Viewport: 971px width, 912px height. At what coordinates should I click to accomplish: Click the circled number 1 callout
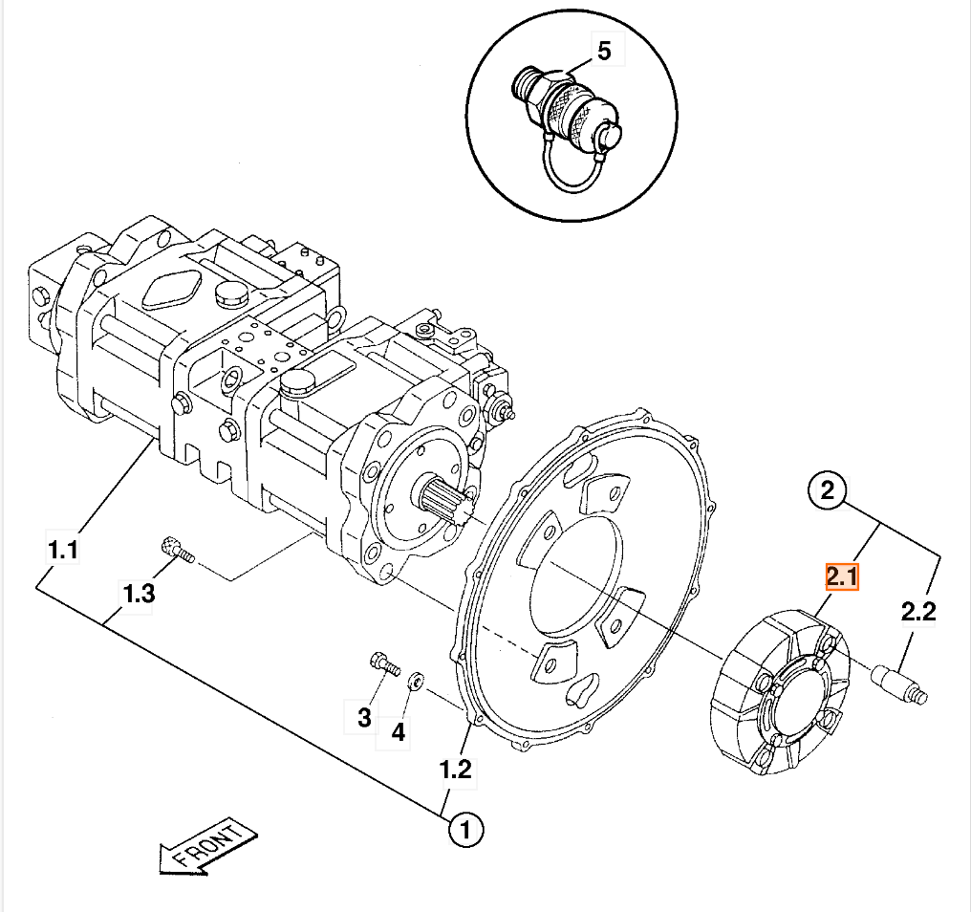(465, 830)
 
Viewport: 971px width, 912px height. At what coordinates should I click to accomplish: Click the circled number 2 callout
(828, 491)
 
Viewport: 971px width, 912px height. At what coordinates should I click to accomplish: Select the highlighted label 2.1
(842, 577)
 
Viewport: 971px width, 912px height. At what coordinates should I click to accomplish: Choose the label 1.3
(139, 594)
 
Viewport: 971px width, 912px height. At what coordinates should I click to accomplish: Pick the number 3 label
(364, 716)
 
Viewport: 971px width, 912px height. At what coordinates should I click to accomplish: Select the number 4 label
(398, 732)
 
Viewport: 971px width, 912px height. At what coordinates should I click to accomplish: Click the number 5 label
(604, 51)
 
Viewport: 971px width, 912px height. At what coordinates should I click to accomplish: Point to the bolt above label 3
(383, 662)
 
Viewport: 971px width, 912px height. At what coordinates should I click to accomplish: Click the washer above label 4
(416, 682)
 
